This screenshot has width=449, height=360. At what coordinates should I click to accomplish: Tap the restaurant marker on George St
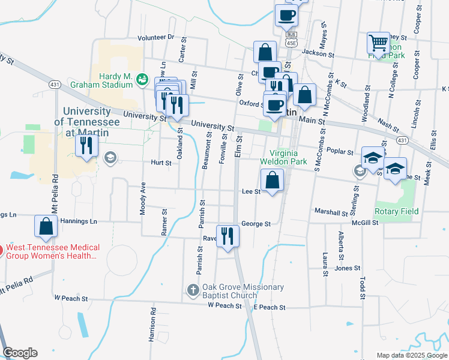[x=227, y=235]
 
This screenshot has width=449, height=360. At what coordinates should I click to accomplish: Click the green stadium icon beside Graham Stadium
[x=142, y=79]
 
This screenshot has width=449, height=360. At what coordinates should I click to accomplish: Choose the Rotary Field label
[x=396, y=211]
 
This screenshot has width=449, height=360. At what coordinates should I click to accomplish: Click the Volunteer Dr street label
[x=155, y=37]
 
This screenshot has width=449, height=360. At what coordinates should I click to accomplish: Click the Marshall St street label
[x=331, y=212]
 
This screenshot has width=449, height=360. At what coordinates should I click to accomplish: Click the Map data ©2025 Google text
[x=411, y=355]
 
